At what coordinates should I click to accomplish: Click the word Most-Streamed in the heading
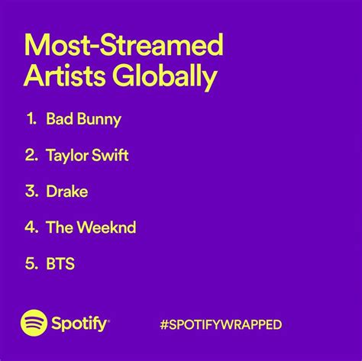tap(124, 44)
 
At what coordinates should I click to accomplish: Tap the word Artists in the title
tap(64, 76)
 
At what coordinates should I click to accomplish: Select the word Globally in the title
tap(165, 76)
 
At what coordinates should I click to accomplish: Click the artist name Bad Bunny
tap(83, 119)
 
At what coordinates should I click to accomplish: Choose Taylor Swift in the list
tap(87, 155)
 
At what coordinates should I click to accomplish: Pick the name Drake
tap(67, 192)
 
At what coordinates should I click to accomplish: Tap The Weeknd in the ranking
tap(91, 227)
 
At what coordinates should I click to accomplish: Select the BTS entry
tap(60, 263)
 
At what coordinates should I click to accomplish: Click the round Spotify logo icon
tap(34, 323)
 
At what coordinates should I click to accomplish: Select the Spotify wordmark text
tap(80, 324)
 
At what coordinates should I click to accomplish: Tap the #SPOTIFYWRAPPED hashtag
tap(221, 324)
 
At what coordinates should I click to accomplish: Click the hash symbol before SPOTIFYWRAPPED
tap(164, 324)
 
